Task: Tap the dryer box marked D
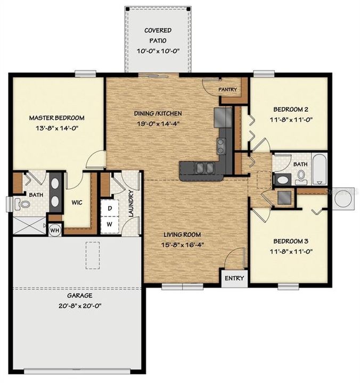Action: (x=109, y=208)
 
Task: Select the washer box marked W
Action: (x=109, y=223)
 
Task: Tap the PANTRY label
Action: (x=227, y=89)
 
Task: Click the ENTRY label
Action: (x=234, y=278)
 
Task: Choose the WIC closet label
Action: (x=75, y=202)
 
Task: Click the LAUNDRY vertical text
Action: (x=130, y=203)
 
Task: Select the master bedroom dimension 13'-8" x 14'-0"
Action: (x=56, y=128)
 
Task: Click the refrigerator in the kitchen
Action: (x=223, y=115)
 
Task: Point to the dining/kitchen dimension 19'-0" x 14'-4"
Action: (x=158, y=123)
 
